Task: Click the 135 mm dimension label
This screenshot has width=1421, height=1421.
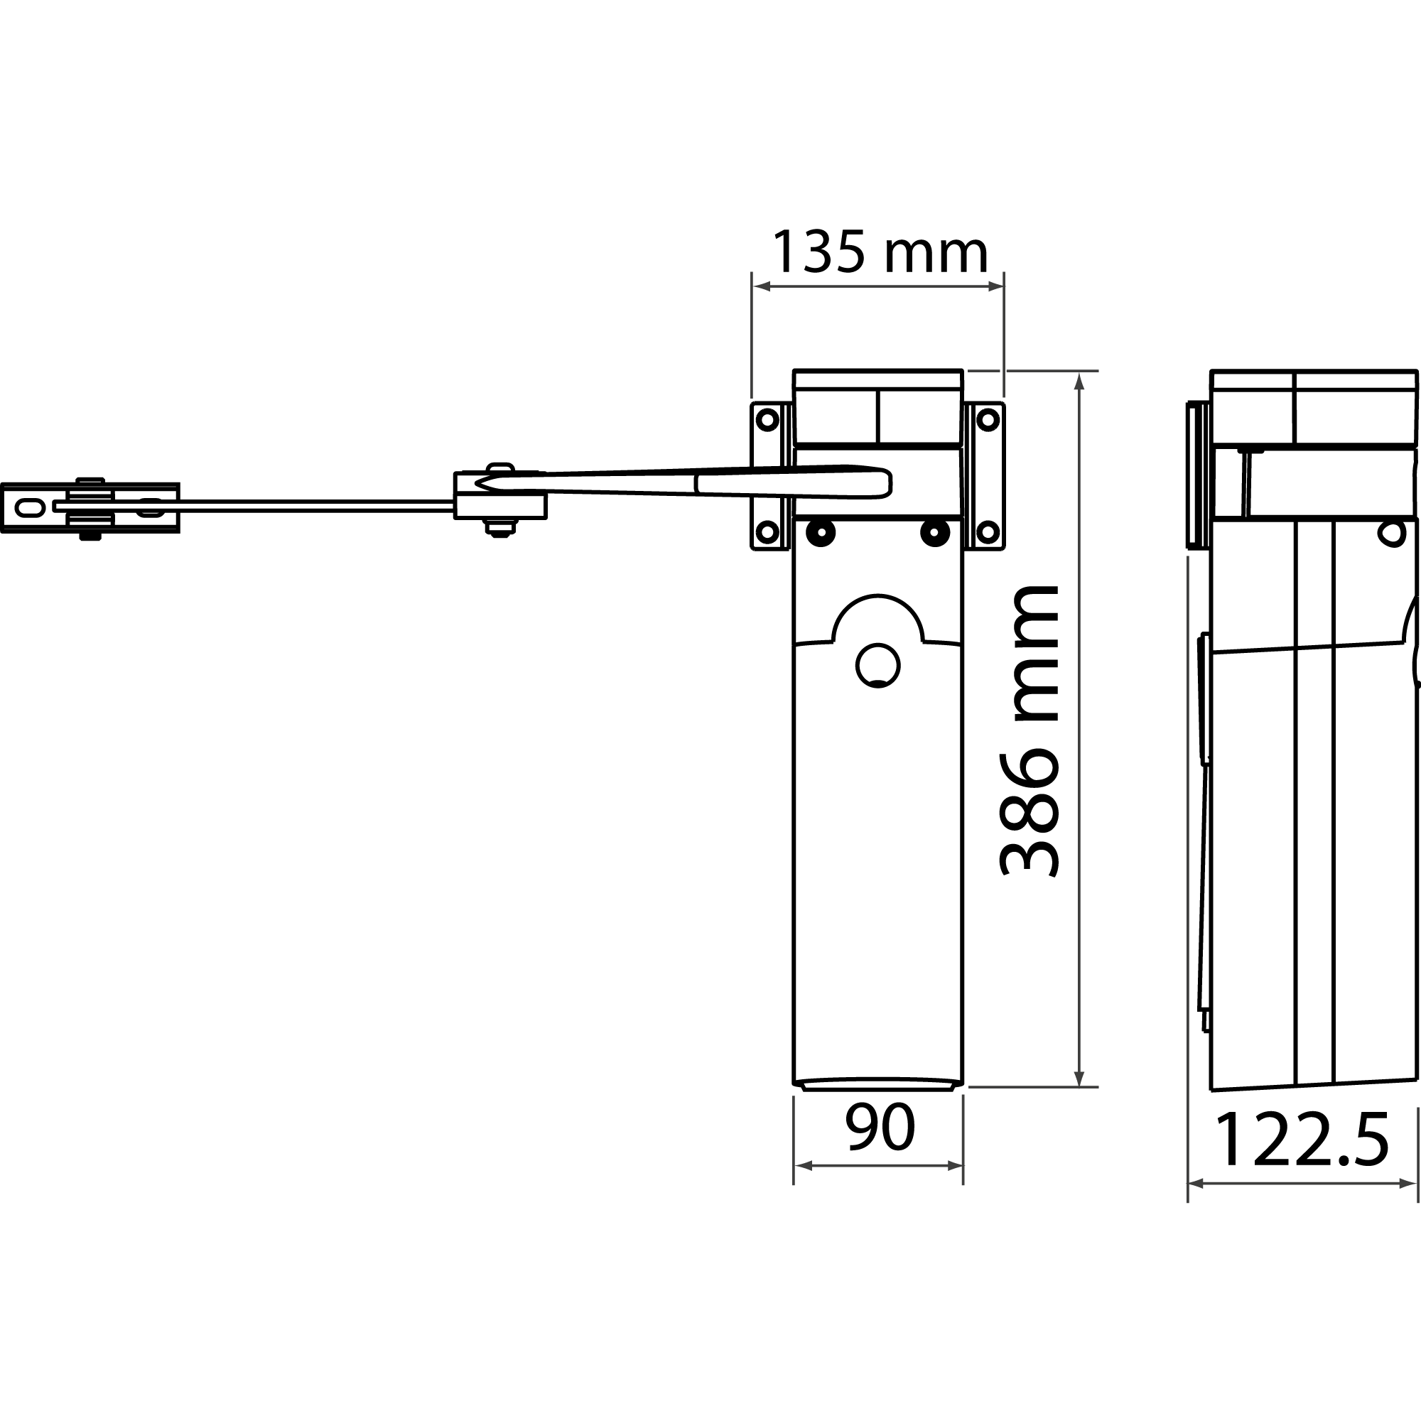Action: click(x=879, y=252)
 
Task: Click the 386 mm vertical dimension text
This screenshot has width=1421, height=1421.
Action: click(x=1030, y=732)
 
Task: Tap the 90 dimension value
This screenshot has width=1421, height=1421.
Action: click(x=879, y=1128)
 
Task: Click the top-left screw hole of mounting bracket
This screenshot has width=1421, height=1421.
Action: click(x=767, y=421)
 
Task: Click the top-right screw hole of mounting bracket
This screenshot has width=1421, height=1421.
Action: click(x=988, y=421)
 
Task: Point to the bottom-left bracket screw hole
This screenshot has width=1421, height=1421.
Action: click(x=767, y=531)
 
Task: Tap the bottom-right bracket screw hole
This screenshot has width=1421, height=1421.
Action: click(x=988, y=531)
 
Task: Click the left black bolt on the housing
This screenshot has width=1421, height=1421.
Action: click(x=820, y=532)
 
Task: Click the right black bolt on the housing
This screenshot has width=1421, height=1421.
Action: click(x=934, y=532)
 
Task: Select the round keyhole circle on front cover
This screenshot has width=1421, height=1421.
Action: click(x=877, y=665)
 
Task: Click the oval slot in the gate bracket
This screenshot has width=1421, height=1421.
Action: click(x=30, y=507)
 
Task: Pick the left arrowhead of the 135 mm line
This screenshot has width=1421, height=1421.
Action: click(x=761, y=286)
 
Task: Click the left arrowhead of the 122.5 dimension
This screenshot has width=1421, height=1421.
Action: click(x=1196, y=1184)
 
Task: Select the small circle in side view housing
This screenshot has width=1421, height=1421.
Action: click(x=1390, y=534)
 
